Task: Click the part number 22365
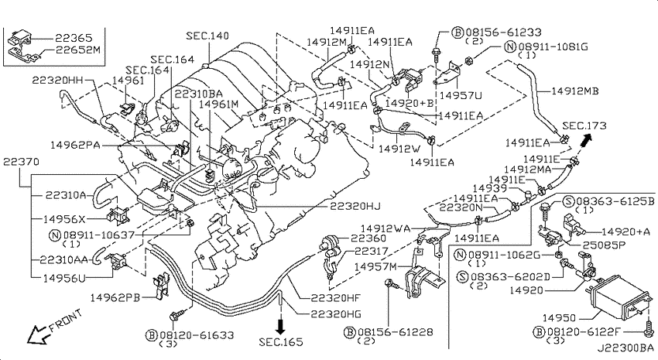point(74,38)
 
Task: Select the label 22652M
point(78,50)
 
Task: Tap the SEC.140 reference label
point(207,36)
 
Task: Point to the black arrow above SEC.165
point(280,325)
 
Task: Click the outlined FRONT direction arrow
point(36,334)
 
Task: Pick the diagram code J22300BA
point(625,348)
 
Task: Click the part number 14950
point(559,318)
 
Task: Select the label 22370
point(21,162)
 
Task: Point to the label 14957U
point(461,96)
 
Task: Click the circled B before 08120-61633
point(152,335)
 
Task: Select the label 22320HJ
point(355,206)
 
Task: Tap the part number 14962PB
point(115,297)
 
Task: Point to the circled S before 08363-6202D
point(463,277)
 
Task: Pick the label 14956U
point(64,278)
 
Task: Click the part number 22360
point(368,238)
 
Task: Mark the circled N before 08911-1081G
point(510,46)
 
